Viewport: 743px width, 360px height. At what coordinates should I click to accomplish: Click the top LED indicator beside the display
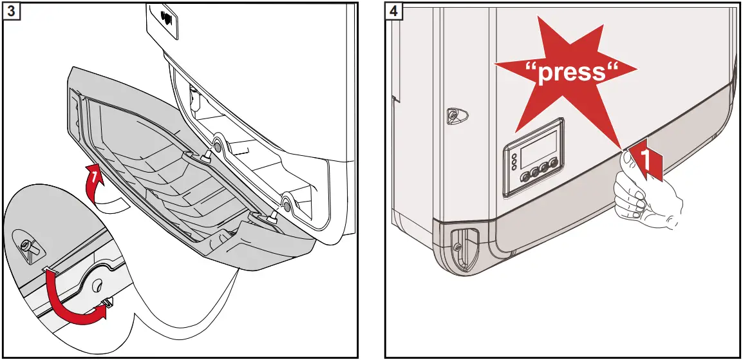pos(513,156)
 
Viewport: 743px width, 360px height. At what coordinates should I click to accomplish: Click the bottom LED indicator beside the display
pos(513,168)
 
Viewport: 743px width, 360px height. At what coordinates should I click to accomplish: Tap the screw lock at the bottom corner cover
pos(458,247)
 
